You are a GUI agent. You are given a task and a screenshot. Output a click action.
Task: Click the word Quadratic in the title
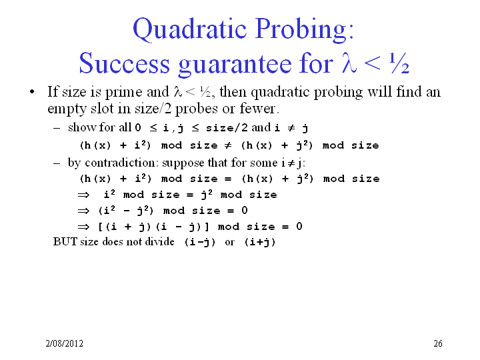[x=190, y=29]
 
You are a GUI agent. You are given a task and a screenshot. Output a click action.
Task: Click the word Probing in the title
[x=305, y=29]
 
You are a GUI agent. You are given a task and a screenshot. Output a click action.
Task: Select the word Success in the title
[x=124, y=63]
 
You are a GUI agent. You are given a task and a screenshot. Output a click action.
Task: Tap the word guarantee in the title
[x=235, y=65]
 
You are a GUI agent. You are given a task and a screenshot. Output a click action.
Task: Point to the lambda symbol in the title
[x=349, y=63]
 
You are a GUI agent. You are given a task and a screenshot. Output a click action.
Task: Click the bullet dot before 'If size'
[x=32, y=91]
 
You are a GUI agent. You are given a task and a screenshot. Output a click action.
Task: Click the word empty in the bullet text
[x=67, y=109]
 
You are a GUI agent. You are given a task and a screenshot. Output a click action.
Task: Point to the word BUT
[x=65, y=241]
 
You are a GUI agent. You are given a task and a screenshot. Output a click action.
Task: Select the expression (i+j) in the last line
[x=260, y=242]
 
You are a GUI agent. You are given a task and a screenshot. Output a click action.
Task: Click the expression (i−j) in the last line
[x=200, y=242]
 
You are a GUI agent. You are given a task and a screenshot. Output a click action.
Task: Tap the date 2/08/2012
[x=64, y=343]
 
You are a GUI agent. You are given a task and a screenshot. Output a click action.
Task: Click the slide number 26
[x=438, y=343]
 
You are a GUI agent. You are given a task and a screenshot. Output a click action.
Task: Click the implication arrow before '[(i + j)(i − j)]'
[x=83, y=227]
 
